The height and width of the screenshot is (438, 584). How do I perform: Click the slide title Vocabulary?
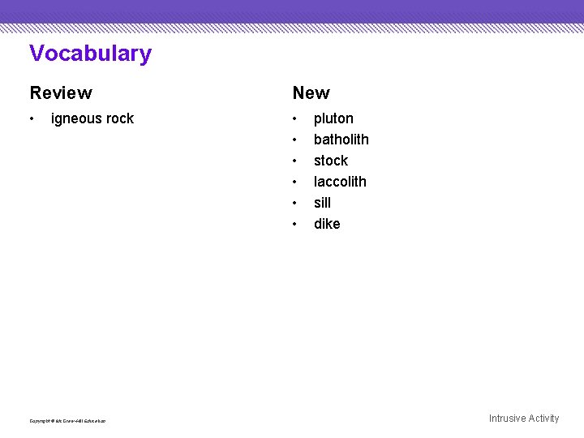pyautogui.click(x=90, y=54)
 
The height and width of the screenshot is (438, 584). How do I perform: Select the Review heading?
pyautogui.click(x=61, y=93)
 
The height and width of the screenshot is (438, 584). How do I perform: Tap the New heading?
pyautogui.click(x=311, y=93)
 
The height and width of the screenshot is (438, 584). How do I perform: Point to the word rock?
pyautogui.click(x=120, y=118)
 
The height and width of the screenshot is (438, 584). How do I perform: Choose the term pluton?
pyautogui.click(x=333, y=118)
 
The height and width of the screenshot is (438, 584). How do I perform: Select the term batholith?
pyautogui.click(x=341, y=140)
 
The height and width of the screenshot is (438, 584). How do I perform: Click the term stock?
pyautogui.click(x=330, y=161)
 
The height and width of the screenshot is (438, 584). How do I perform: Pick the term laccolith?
pyautogui.click(x=340, y=182)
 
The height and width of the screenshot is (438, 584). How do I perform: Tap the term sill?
pyautogui.click(x=322, y=203)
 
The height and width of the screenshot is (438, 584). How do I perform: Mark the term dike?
pyautogui.click(x=327, y=224)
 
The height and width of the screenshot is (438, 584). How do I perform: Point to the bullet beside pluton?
pyautogui.click(x=295, y=119)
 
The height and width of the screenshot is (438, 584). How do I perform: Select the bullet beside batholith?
pyautogui.click(x=295, y=140)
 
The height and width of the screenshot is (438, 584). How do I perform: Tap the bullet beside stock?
pyautogui.click(x=295, y=161)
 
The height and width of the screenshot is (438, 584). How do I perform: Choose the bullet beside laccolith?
pyautogui.click(x=295, y=182)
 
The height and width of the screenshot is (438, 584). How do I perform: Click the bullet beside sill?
pyautogui.click(x=295, y=204)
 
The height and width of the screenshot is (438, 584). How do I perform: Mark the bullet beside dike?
pyautogui.click(x=295, y=225)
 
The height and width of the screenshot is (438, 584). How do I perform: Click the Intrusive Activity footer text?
pyautogui.click(x=523, y=419)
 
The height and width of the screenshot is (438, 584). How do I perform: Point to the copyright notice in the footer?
pyautogui.click(x=67, y=421)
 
